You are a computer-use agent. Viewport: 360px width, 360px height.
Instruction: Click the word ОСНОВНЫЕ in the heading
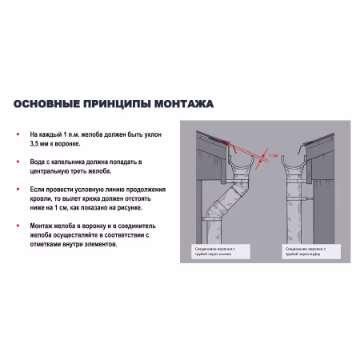[46, 105]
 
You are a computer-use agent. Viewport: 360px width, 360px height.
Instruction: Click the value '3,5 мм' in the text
[39, 145]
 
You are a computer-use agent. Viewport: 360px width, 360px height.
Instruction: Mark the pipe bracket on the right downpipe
[305, 194]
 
